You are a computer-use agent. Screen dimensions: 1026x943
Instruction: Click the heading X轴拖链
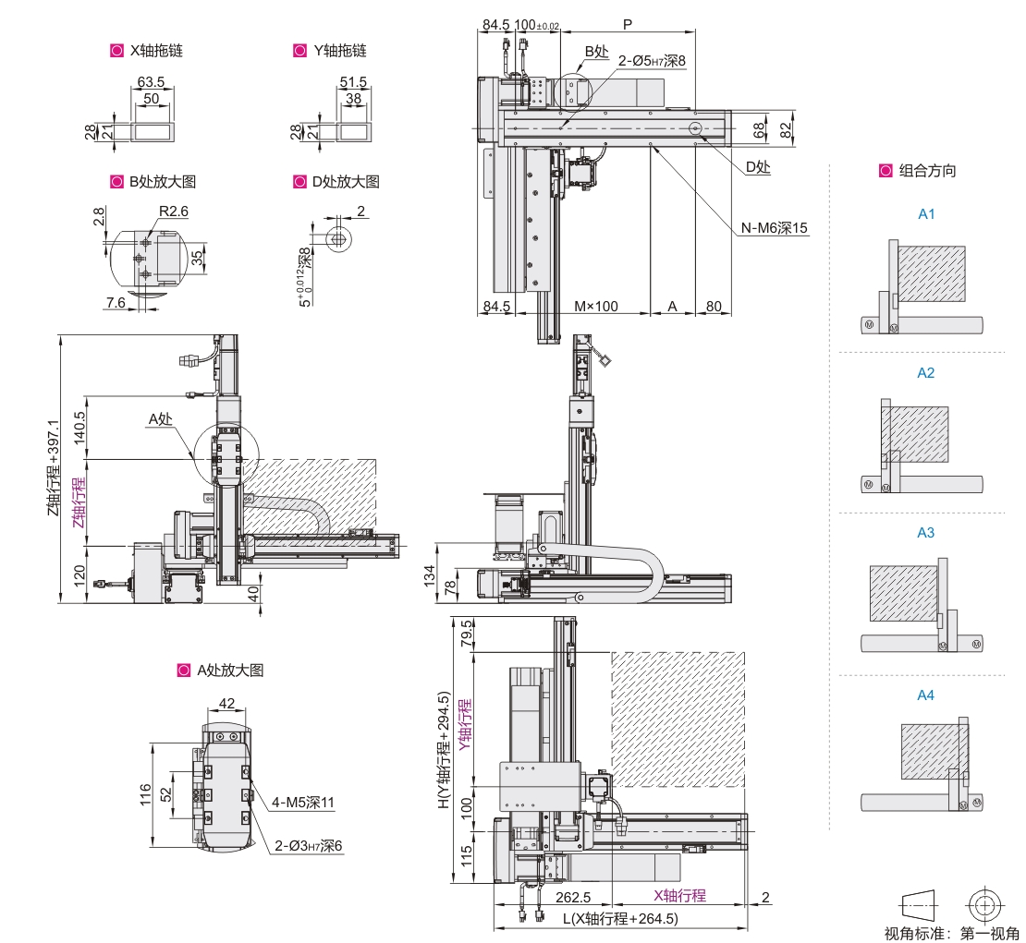(x=156, y=51)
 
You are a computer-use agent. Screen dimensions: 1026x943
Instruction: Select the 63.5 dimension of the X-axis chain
(x=151, y=82)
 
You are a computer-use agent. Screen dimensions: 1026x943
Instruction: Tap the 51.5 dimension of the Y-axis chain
(x=353, y=82)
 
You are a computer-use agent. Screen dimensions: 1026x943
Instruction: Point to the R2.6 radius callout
(x=174, y=212)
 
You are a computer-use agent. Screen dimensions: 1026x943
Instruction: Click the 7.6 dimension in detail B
(x=116, y=302)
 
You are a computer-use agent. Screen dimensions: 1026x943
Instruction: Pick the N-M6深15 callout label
(x=774, y=227)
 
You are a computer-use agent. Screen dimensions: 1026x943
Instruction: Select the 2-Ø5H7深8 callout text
(x=652, y=61)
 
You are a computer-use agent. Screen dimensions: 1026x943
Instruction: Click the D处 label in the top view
(x=758, y=167)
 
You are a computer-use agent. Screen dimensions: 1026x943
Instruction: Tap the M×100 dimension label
(x=595, y=306)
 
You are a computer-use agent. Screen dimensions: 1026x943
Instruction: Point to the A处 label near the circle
(x=160, y=419)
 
